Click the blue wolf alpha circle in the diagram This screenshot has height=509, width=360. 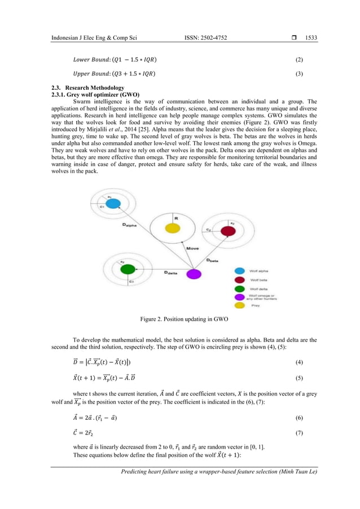tap(112, 203)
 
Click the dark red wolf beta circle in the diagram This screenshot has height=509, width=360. tap(227, 231)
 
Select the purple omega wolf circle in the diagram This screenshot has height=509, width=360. tap(194, 274)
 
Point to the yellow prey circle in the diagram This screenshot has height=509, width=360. tap(172, 228)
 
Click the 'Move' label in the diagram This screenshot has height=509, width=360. tap(192, 248)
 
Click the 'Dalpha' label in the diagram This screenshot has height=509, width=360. tap(131, 225)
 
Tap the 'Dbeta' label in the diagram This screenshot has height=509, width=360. tap(212, 260)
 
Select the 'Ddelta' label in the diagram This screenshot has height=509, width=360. tap(172, 273)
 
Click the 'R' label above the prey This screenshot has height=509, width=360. tap(175, 216)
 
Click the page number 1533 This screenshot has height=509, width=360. tap(311, 38)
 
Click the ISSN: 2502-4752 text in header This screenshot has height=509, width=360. tap(206, 38)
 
